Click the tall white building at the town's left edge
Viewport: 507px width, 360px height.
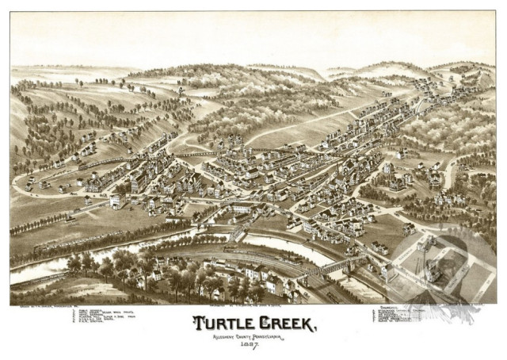tap(116, 200)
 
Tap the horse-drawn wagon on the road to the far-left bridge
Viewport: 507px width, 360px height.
tap(71, 214)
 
